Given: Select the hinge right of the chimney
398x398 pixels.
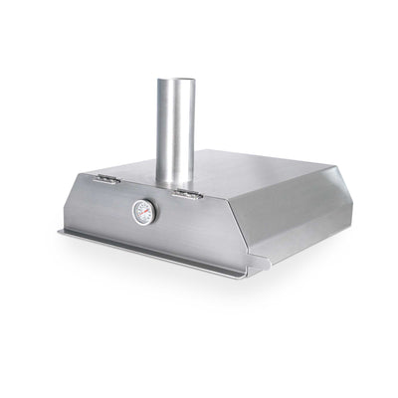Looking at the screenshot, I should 184,191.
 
